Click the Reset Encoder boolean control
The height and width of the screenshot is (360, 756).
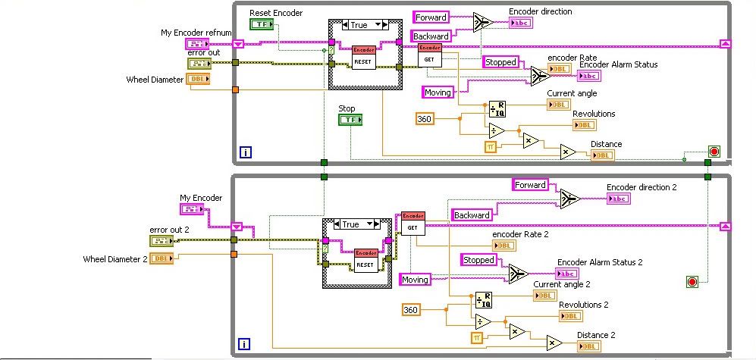pyautogui.click(x=262, y=24)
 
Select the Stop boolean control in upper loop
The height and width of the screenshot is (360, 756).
pyautogui.click(x=349, y=120)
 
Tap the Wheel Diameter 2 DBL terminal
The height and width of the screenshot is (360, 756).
pyautogui.click(x=161, y=259)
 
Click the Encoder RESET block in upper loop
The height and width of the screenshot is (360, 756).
pyautogui.click(x=364, y=57)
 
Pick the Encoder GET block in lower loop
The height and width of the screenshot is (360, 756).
pyautogui.click(x=413, y=223)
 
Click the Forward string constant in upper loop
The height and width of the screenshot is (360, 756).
pyautogui.click(x=431, y=17)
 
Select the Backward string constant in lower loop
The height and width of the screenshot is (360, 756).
pyautogui.click(x=472, y=215)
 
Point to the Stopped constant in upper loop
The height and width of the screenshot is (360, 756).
pyautogui.click(x=500, y=62)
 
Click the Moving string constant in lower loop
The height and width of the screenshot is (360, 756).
pyautogui.click(x=415, y=280)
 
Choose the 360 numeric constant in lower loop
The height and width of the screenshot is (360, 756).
pyautogui.click(x=411, y=309)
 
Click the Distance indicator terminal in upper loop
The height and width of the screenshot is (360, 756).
pyautogui.click(x=602, y=155)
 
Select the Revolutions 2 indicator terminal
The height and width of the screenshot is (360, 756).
pyautogui.click(x=570, y=316)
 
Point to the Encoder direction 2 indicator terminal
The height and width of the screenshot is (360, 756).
pyautogui.click(x=617, y=199)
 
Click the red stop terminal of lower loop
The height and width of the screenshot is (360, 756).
pyautogui.click(x=692, y=282)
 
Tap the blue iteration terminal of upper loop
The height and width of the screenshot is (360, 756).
pyautogui.click(x=245, y=153)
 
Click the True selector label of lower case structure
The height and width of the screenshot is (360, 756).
pyautogui.click(x=350, y=224)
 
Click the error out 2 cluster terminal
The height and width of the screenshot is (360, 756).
pyautogui.click(x=161, y=241)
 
